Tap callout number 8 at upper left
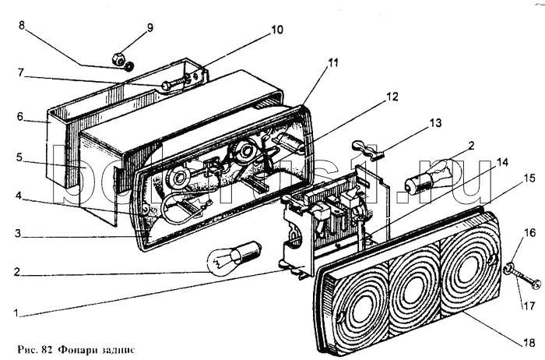22,25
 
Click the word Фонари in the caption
83,346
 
